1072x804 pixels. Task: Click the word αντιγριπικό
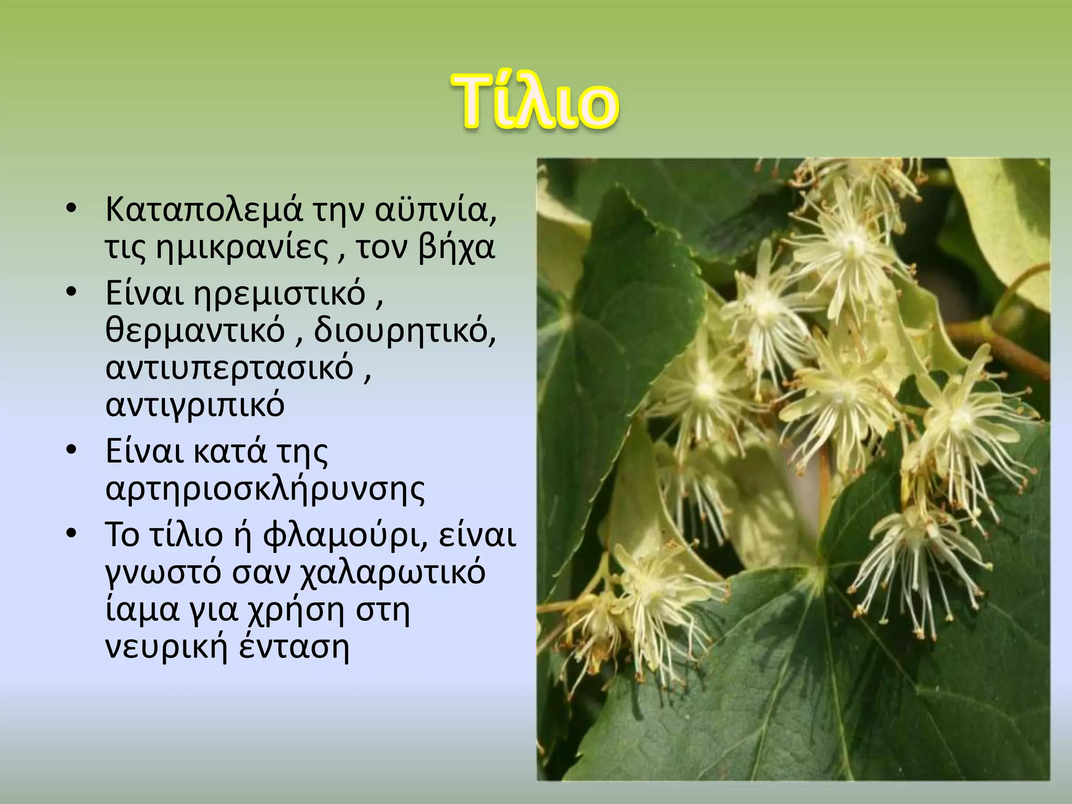tap(195, 404)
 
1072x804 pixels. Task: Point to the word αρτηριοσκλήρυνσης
tap(265, 489)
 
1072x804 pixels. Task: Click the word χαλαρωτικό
tap(392, 573)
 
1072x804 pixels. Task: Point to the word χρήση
tap(295, 610)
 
